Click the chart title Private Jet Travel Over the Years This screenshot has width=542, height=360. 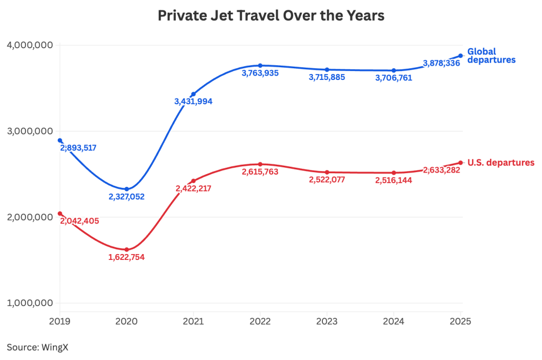(x=271, y=15)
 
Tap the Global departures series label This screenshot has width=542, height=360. (x=491, y=56)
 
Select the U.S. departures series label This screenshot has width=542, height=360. (x=501, y=163)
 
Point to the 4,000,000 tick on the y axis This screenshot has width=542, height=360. (x=30, y=45)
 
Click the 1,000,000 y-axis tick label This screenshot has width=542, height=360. (x=30, y=303)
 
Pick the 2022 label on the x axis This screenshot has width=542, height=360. (x=260, y=321)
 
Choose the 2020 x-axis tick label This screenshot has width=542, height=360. (x=127, y=321)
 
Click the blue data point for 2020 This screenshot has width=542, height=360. (x=127, y=189)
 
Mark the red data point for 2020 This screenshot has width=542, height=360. (x=127, y=249)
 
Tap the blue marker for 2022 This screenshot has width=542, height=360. (x=260, y=65)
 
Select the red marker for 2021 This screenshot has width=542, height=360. (x=193, y=181)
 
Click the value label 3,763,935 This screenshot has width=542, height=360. (x=260, y=74)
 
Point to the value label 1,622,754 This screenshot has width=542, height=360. (x=127, y=257)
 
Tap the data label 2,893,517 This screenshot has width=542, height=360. (x=78, y=148)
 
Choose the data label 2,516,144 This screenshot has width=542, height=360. (x=393, y=181)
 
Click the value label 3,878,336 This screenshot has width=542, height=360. (x=441, y=64)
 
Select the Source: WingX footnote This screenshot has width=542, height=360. (x=38, y=347)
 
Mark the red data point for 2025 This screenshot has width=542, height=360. (x=460, y=163)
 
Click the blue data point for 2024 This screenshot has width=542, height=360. (x=394, y=70)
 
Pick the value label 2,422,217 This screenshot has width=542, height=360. (x=193, y=188)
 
